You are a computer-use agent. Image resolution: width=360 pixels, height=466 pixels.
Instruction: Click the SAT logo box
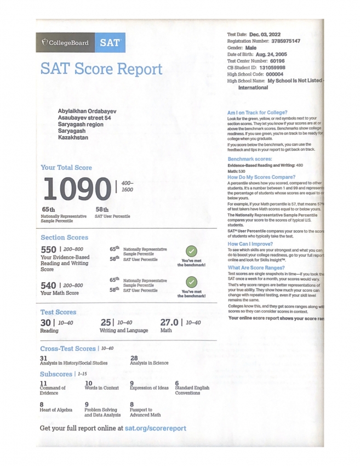tap(111, 42)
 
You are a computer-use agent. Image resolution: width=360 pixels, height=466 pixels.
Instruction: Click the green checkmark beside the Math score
tap(191, 282)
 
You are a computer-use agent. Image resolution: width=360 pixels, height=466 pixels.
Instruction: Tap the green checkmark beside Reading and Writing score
tap(191, 251)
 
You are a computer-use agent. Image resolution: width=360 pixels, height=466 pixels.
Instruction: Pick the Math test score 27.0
tap(169, 323)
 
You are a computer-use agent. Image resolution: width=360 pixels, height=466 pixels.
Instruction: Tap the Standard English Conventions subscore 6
tap(177, 383)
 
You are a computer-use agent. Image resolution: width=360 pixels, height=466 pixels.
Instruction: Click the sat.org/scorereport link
tap(155, 428)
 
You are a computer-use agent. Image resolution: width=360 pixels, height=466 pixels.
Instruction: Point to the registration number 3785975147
tap(280, 41)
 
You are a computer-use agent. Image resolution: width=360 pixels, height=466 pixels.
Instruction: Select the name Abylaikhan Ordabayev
tap(87, 111)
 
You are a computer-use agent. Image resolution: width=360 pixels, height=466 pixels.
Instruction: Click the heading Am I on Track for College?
tap(257, 112)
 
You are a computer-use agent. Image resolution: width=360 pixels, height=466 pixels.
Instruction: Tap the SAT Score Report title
tap(101, 69)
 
